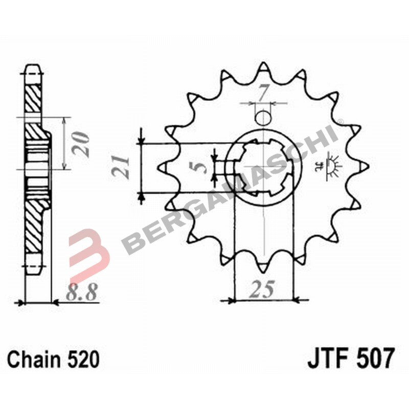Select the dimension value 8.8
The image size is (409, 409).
pyautogui.click(x=82, y=292)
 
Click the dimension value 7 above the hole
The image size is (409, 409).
pyautogui.click(x=263, y=94)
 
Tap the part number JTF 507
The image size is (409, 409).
pyautogui.click(x=351, y=358)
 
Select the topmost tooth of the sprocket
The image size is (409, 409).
pyautogui.click(x=263, y=69)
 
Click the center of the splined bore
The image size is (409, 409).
pyautogui.click(x=263, y=167)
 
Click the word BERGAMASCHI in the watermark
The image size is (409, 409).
pyautogui.click(x=230, y=189)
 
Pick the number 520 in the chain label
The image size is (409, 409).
pyautogui.click(x=83, y=359)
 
